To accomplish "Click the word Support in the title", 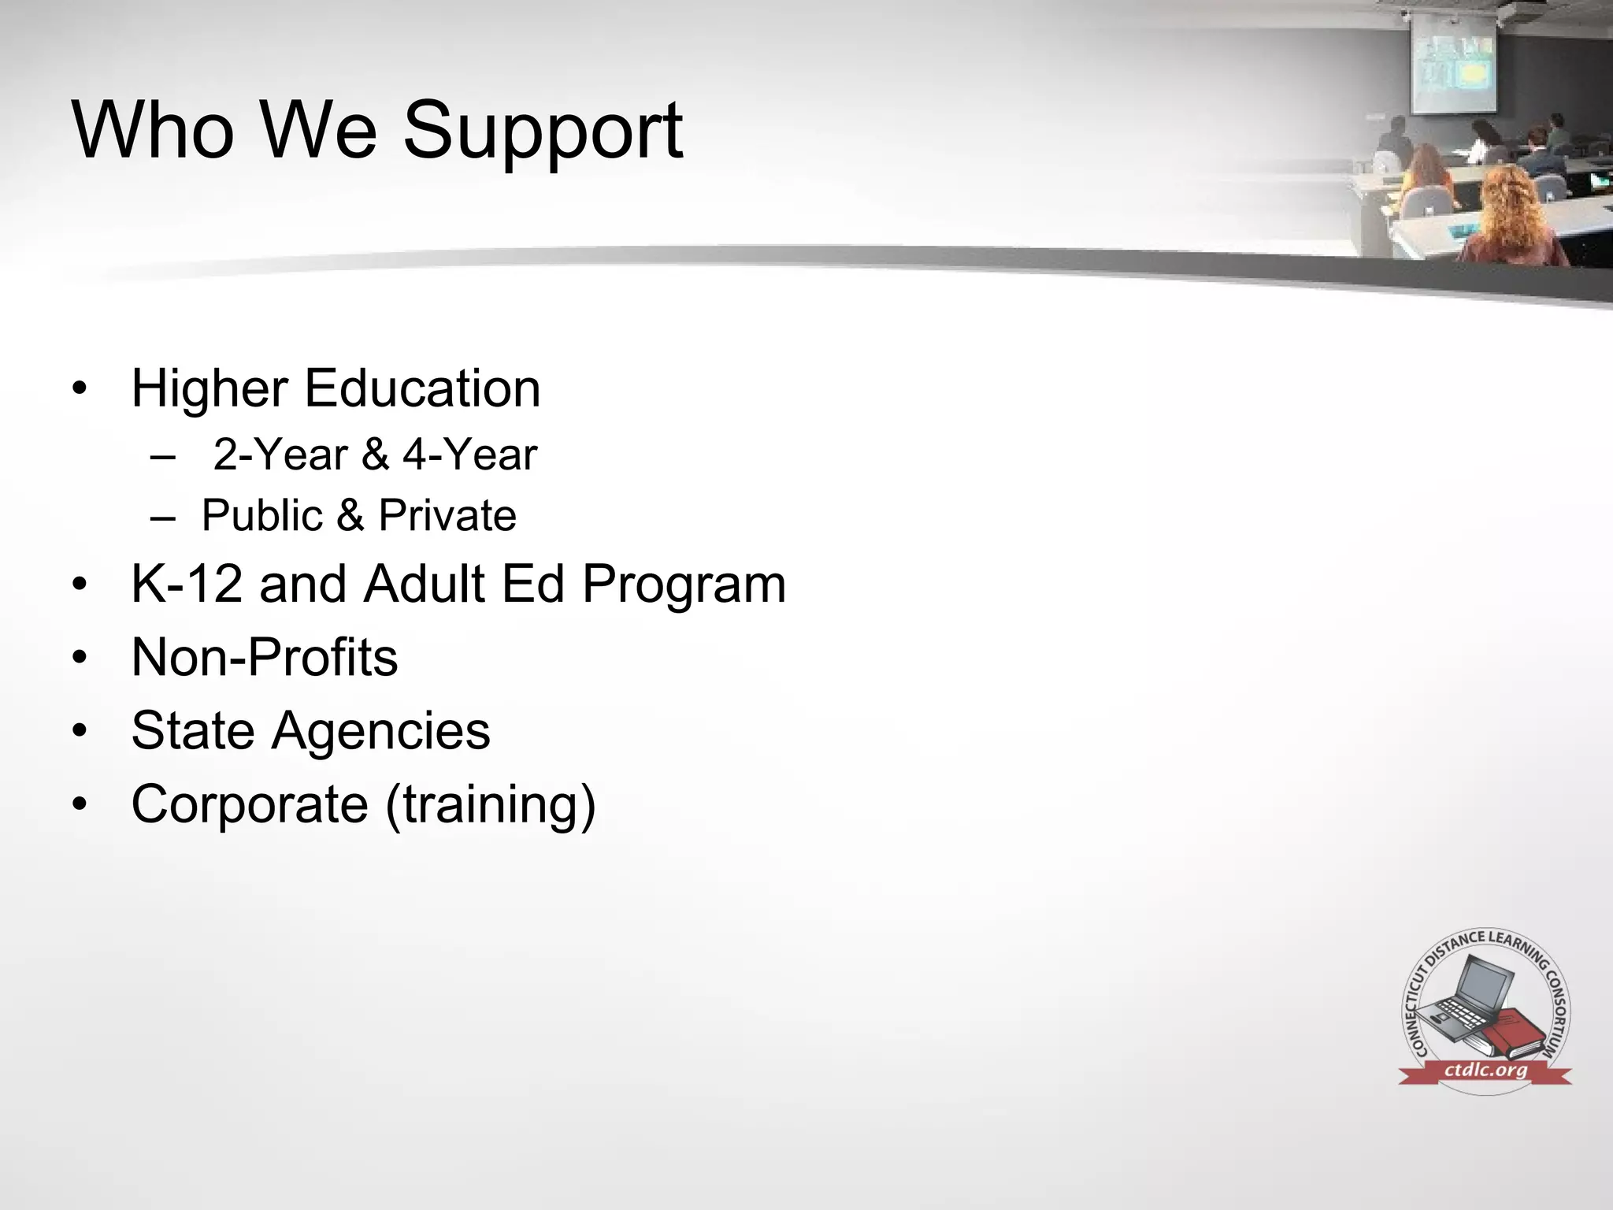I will (x=543, y=131).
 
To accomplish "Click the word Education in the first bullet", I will (x=422, y=388).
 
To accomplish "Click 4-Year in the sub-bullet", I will (x=470, y=455).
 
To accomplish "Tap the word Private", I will (x=447, y=515).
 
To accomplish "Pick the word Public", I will (x=261, y=515).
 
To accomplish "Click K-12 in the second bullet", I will (x=187, y=584).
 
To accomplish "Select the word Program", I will (x=684, y=585).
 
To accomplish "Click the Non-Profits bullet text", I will (x=265, y=657).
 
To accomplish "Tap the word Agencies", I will (x=380, y=731).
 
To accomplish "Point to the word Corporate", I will (x=250, y=804).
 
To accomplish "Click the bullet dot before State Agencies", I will (x=79, y=731).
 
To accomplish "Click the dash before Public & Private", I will (x=163, y=517).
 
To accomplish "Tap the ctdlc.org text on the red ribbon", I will (x=1485, y=1070).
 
